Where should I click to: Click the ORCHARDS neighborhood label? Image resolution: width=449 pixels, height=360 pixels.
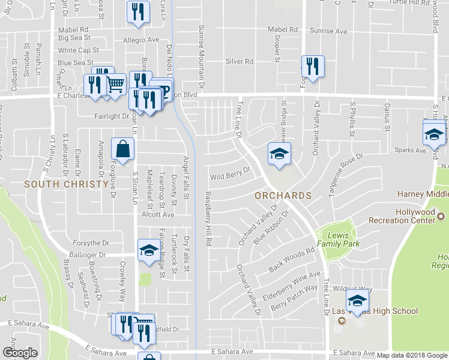coord(283,196)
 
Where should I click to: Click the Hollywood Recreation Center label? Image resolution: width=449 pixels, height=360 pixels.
coord(415,216)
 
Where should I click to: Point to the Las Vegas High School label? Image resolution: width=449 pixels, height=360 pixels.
coord(375,311)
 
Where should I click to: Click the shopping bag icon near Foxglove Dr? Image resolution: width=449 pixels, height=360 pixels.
coord(122,151)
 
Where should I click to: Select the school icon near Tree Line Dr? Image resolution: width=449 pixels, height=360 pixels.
coord(279,154)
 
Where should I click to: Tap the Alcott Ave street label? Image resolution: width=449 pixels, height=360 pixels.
coord(157,214)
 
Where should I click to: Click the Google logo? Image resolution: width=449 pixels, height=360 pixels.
coord(20,353)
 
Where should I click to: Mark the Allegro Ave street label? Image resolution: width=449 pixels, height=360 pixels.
coord(140,40)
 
